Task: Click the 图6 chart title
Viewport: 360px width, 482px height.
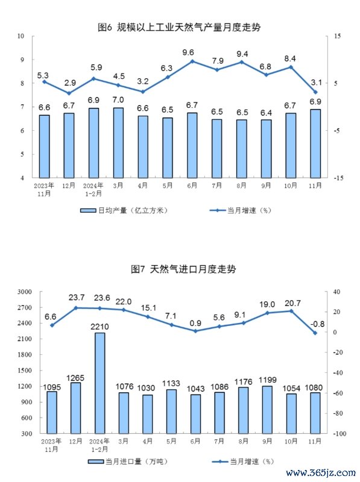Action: tap(179, 27)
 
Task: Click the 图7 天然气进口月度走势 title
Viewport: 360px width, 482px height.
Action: tap(183, 269)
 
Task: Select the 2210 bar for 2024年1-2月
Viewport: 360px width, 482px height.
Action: tap(99, 383)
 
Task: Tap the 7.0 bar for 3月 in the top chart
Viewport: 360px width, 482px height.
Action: tap(118, 143)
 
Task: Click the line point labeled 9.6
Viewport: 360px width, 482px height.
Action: tap(192, 61)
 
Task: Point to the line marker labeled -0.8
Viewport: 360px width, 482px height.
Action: tap(315, 333)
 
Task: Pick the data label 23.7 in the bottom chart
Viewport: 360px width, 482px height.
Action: tap(77, 298)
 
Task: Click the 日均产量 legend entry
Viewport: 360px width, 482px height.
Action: tap(124, 210)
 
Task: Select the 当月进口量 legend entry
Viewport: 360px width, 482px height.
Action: tap(128, 462)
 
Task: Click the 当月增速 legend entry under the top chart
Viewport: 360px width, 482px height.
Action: tap(241, 210)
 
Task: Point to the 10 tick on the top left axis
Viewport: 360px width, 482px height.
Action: tap(21, 36)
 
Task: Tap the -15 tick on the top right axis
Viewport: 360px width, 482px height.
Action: tap(338, 178)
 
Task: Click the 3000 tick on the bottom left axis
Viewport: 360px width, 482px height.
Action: tap(25, 292)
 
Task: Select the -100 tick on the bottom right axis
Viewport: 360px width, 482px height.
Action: tap(339, 433)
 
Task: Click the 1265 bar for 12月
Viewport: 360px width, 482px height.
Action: tap(76, 408)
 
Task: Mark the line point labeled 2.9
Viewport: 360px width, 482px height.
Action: tap(69, 93)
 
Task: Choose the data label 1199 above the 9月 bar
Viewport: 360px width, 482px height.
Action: tap(268, 380)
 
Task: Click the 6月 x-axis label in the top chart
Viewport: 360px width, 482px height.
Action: tap(192, 186)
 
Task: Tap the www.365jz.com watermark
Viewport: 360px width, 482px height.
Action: tap(321, 472)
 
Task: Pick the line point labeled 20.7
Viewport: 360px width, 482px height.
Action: tap(291, 311)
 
